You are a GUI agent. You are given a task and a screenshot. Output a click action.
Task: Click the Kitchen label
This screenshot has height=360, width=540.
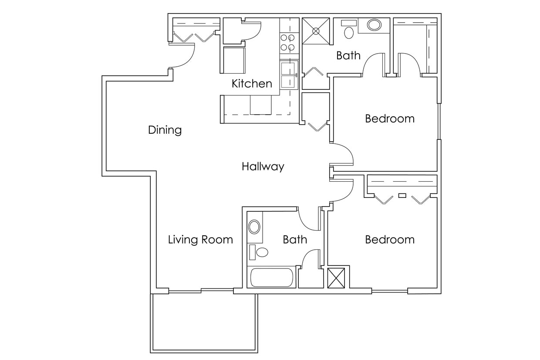252,83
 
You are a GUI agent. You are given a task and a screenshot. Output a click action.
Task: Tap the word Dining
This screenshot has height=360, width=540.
165,130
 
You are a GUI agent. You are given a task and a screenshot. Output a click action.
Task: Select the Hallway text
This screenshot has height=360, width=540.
263,166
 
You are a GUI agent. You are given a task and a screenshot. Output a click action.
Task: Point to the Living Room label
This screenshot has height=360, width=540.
200,239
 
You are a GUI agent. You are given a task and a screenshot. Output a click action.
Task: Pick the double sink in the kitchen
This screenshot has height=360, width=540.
288,75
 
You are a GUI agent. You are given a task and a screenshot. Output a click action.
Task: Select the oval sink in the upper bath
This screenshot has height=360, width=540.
374,25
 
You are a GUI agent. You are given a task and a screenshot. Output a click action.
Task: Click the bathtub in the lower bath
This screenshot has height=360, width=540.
272,278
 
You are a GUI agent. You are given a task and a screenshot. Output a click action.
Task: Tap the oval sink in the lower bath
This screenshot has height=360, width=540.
254,227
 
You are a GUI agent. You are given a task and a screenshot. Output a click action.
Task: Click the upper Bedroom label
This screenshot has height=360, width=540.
390,119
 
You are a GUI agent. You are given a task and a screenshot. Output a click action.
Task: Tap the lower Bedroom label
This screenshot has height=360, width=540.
390,239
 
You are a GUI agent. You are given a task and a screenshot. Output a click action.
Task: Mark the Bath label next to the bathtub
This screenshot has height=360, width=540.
295,239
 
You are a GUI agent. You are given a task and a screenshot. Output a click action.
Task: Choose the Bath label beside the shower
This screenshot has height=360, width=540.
348,55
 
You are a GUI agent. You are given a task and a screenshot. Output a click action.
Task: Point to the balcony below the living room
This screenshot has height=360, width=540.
204,323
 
